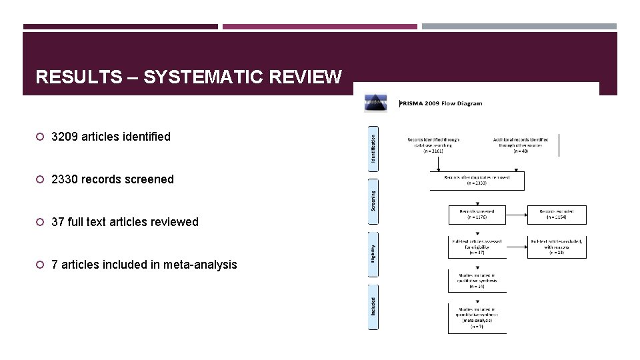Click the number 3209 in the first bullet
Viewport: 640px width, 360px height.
click(65, 137)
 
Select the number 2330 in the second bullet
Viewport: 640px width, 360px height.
click(65, 179)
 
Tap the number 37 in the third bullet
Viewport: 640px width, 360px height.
click(58, 222)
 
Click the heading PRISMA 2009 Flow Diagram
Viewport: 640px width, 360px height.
click(441, 103)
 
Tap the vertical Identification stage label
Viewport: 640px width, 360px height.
click(373, 146)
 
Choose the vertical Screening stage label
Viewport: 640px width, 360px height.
click(373, 199)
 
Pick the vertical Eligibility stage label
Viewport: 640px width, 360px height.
click(373, 252)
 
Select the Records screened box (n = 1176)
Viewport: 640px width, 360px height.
click(477, 214)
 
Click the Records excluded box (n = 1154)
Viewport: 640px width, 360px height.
click(557, 214)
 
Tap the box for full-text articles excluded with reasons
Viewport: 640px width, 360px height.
click(557, 247)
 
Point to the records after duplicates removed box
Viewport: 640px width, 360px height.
click(477, 181)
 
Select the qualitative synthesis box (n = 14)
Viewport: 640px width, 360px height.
click(477, 281)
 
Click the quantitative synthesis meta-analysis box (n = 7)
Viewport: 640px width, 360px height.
click(477, 319)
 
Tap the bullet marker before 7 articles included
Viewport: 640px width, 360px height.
click(40, 265)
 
